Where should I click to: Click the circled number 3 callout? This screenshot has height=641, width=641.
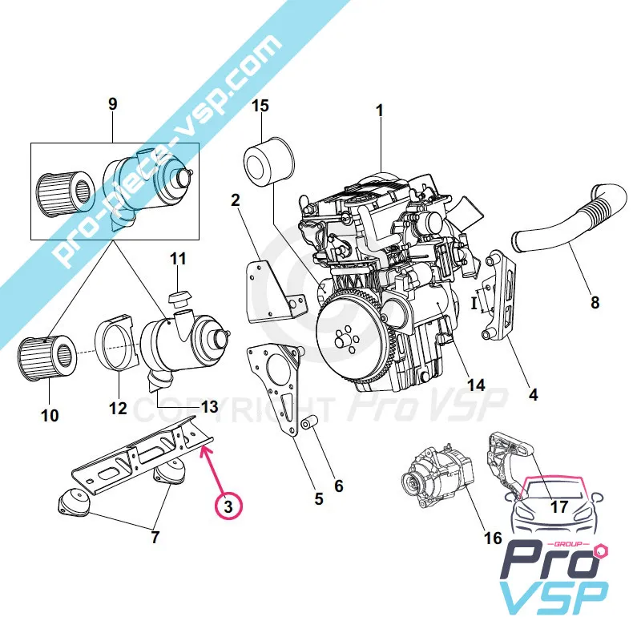[x=228, y=506]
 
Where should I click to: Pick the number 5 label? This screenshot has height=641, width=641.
[x=318, y=499]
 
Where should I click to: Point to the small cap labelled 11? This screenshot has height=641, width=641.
[x=178, y=298]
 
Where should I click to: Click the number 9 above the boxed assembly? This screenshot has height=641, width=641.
[x=112, y=103]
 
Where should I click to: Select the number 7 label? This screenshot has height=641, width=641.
[x=156, y=537]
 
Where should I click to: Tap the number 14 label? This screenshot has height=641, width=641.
[x=476, y=385]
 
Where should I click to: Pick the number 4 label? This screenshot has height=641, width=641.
[x=533, y=394]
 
